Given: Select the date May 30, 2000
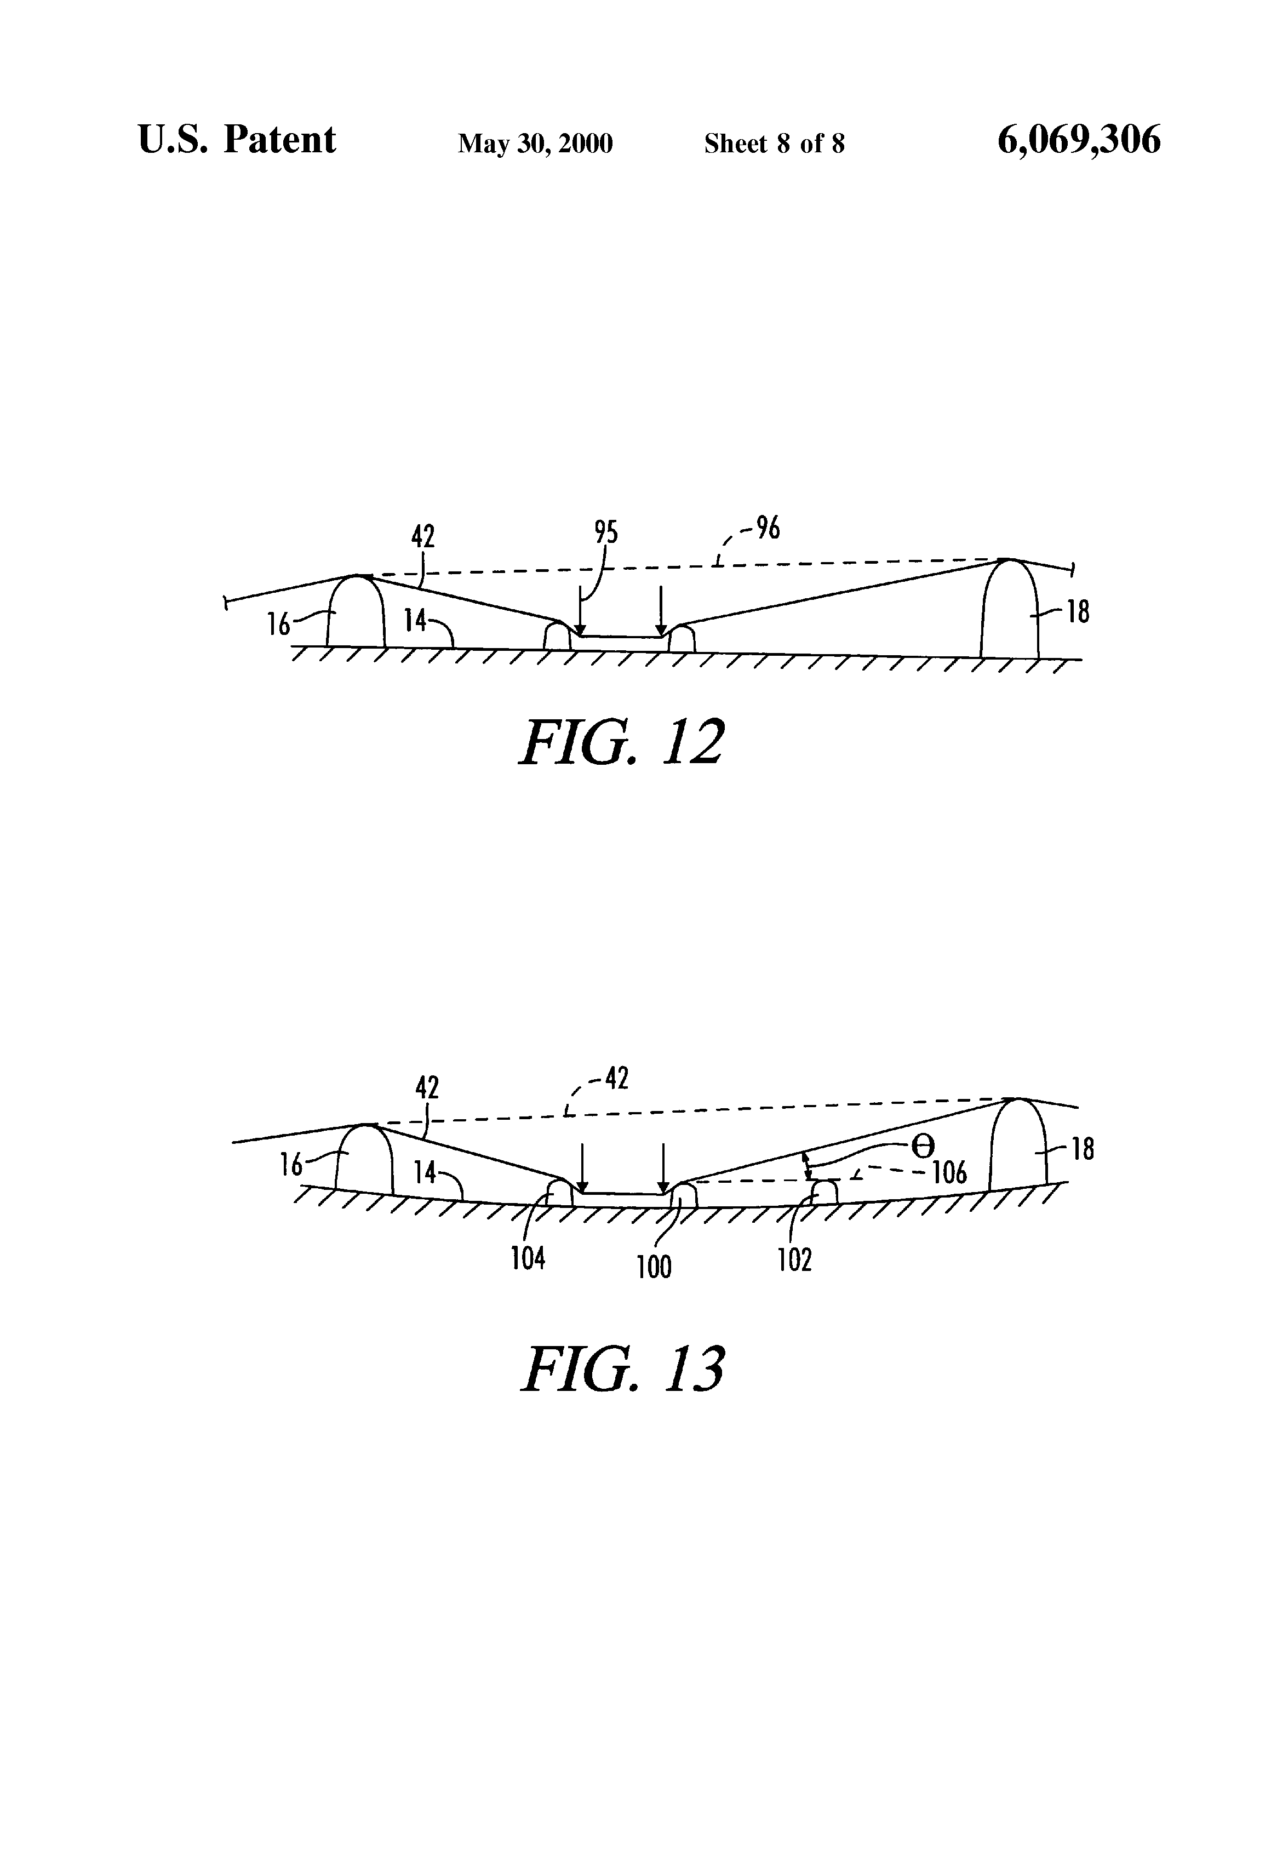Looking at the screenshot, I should click(x=535, y=144).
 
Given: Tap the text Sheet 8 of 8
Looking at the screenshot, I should click(x=774, y=144).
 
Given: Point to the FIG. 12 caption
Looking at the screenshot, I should click(x=621, y=742).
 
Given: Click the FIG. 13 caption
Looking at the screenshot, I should click(x=623, y=1369).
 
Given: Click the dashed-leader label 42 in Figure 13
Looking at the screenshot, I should click(x=615, y=1078).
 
